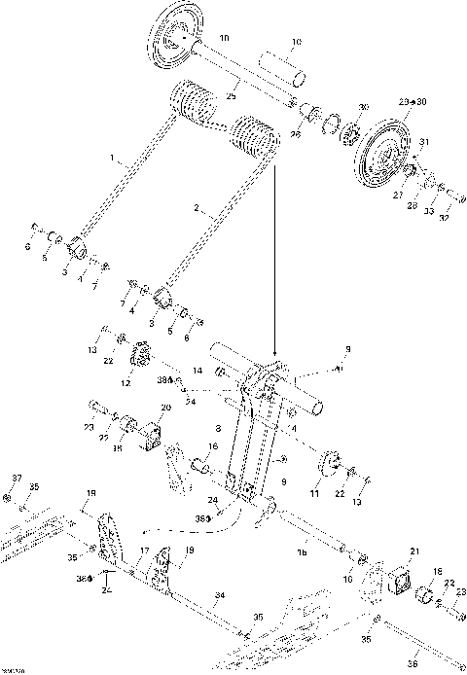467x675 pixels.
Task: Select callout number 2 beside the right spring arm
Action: tap(197, 207)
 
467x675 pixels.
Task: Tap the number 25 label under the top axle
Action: tap(232, 97)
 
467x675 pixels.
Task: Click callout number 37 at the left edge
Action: tap(17, 479)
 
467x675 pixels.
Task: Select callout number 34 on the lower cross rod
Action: tap(220, 594)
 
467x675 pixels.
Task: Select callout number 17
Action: tap(142, 551)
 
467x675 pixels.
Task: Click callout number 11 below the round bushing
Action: tap(314, 494)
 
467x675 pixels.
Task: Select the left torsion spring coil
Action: tap(195, 104)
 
